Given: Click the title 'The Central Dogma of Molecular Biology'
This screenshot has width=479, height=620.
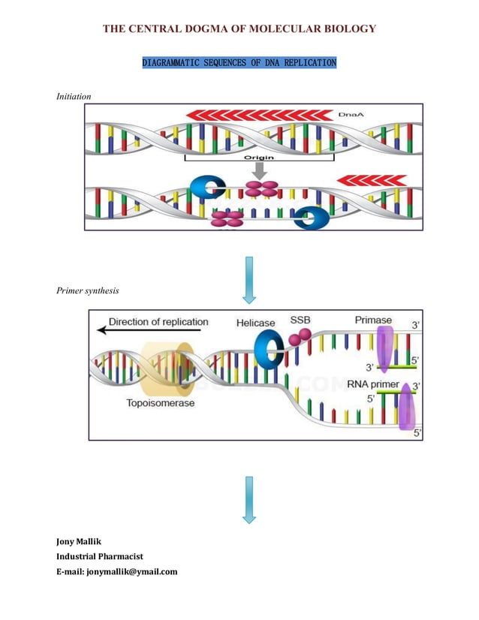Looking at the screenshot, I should (x=239, y=29).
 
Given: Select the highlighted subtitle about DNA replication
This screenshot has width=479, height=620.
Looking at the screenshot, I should (x=239, y=63).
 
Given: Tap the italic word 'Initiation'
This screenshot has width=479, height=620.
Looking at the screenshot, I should (x=74, y=97).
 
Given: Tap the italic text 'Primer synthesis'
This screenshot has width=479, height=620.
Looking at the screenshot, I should (x=87, y=290).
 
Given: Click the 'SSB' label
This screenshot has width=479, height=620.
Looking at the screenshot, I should (x=300, y=320).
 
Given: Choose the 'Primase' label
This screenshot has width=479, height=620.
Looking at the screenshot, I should (x=373, y=320).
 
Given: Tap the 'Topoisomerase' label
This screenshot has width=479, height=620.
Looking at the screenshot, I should (x=160, y=403).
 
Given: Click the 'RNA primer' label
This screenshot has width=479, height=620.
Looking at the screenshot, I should (x=373, y=385).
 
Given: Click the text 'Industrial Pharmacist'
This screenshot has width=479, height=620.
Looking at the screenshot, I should (x=100, y=556).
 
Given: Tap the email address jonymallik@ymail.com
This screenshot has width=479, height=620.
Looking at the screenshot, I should (x=116, y=571).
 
